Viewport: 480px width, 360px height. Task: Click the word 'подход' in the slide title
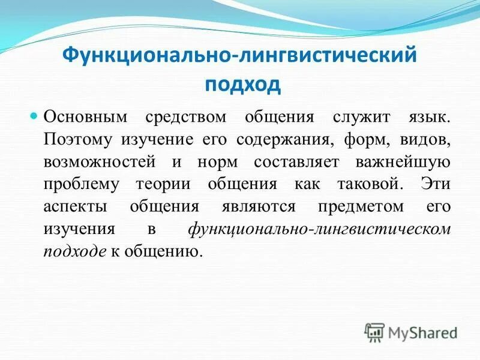(x=243, y=83)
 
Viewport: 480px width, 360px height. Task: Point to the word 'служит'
(x=344, y=116)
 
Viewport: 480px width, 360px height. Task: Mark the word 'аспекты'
(x=74, y=206)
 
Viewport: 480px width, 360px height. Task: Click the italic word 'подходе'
(x=73, y=251)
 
